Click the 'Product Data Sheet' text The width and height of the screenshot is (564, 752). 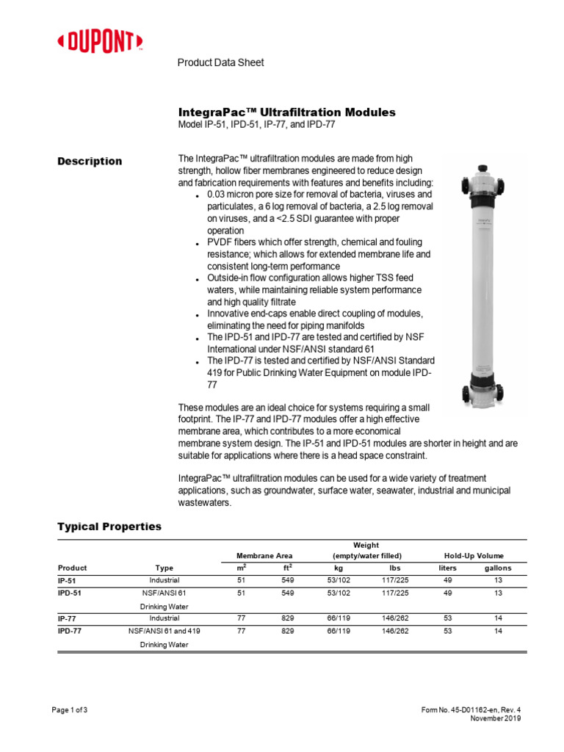coord(220,62)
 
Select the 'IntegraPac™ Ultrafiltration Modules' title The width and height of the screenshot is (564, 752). coord(287,112)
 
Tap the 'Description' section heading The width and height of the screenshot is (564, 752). coord(90,162)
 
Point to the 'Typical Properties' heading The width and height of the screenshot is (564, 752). coord(109,527)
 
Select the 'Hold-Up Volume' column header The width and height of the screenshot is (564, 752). coord(474,556)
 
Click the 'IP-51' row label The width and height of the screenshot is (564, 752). coord(67,580)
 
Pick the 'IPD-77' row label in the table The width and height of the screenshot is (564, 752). coord(69,631)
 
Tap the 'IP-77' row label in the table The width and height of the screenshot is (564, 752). coord(67,618)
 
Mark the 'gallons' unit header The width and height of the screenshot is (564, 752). coord(498,568)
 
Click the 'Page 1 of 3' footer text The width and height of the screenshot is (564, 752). coord(72,709)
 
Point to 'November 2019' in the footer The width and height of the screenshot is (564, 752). coord(495,719)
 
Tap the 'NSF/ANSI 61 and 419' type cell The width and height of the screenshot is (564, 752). coord(164,631)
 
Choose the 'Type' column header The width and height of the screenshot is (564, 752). coord(164,568)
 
